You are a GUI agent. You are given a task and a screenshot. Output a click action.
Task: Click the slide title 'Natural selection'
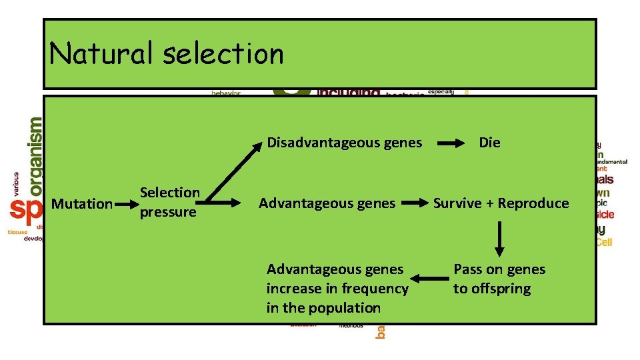[167, 54]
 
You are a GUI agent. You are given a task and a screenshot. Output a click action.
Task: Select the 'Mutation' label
[81, 204]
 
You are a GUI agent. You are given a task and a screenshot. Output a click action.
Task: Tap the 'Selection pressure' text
[169, 202]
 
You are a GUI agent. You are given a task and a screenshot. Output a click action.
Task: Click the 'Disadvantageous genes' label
[344, 143]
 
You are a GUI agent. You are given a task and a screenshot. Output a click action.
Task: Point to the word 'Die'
[489, 143]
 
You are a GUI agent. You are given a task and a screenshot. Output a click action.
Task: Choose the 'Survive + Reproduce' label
[501, 203]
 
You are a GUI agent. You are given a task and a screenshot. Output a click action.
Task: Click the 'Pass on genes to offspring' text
[499, 279]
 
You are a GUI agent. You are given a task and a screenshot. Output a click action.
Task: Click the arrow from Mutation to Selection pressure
[125, 204]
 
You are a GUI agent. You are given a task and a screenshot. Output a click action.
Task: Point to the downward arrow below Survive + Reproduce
[499, 239]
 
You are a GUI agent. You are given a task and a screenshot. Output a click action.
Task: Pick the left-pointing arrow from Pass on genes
[429, 279]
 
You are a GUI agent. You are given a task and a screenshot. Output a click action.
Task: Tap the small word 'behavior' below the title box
[226, 93]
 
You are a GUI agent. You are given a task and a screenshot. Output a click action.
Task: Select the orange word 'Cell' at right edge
[604, 243]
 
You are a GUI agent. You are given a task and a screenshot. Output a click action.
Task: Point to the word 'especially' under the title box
[441, 91]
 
